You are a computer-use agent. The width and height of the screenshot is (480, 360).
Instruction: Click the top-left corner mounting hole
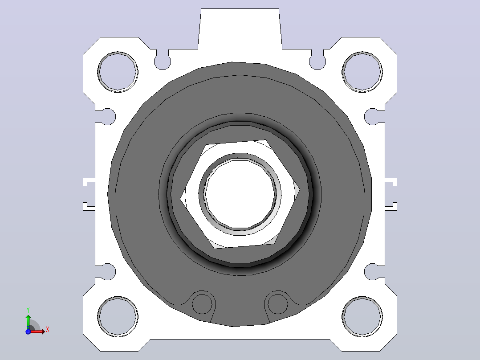coord(118,72)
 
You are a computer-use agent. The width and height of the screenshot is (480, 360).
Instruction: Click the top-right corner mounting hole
coord(362,72)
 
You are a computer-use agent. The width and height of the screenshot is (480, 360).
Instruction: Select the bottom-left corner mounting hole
coord(118,317)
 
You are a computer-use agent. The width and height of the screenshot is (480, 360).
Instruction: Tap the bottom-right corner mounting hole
coord(362,317)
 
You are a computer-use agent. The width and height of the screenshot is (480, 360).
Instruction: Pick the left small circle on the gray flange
coord(202,303)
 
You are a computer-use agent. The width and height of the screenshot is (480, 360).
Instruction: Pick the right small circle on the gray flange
coord(278,303)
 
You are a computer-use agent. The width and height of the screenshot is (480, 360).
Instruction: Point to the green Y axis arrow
coord(28,322)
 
